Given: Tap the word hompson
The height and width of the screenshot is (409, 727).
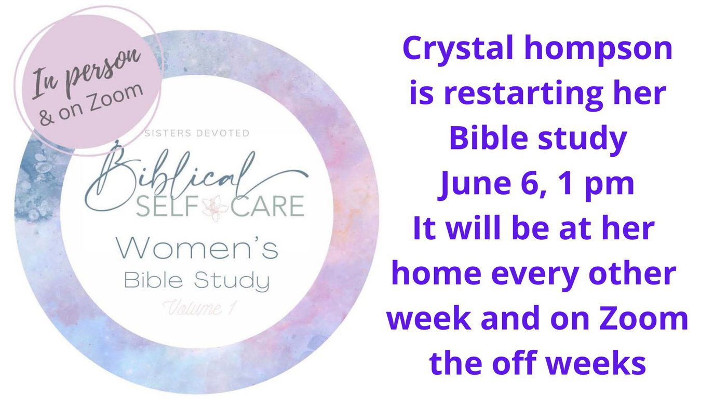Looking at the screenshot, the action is pos(598,50).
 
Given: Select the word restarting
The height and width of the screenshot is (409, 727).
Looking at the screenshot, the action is pos(523,94).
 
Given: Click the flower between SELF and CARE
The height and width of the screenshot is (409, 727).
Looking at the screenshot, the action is pos(215,208).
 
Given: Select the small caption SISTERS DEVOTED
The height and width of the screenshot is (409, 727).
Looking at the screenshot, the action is pos(197,133).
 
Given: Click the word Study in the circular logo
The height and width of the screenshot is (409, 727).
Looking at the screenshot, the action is pos(232,281).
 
